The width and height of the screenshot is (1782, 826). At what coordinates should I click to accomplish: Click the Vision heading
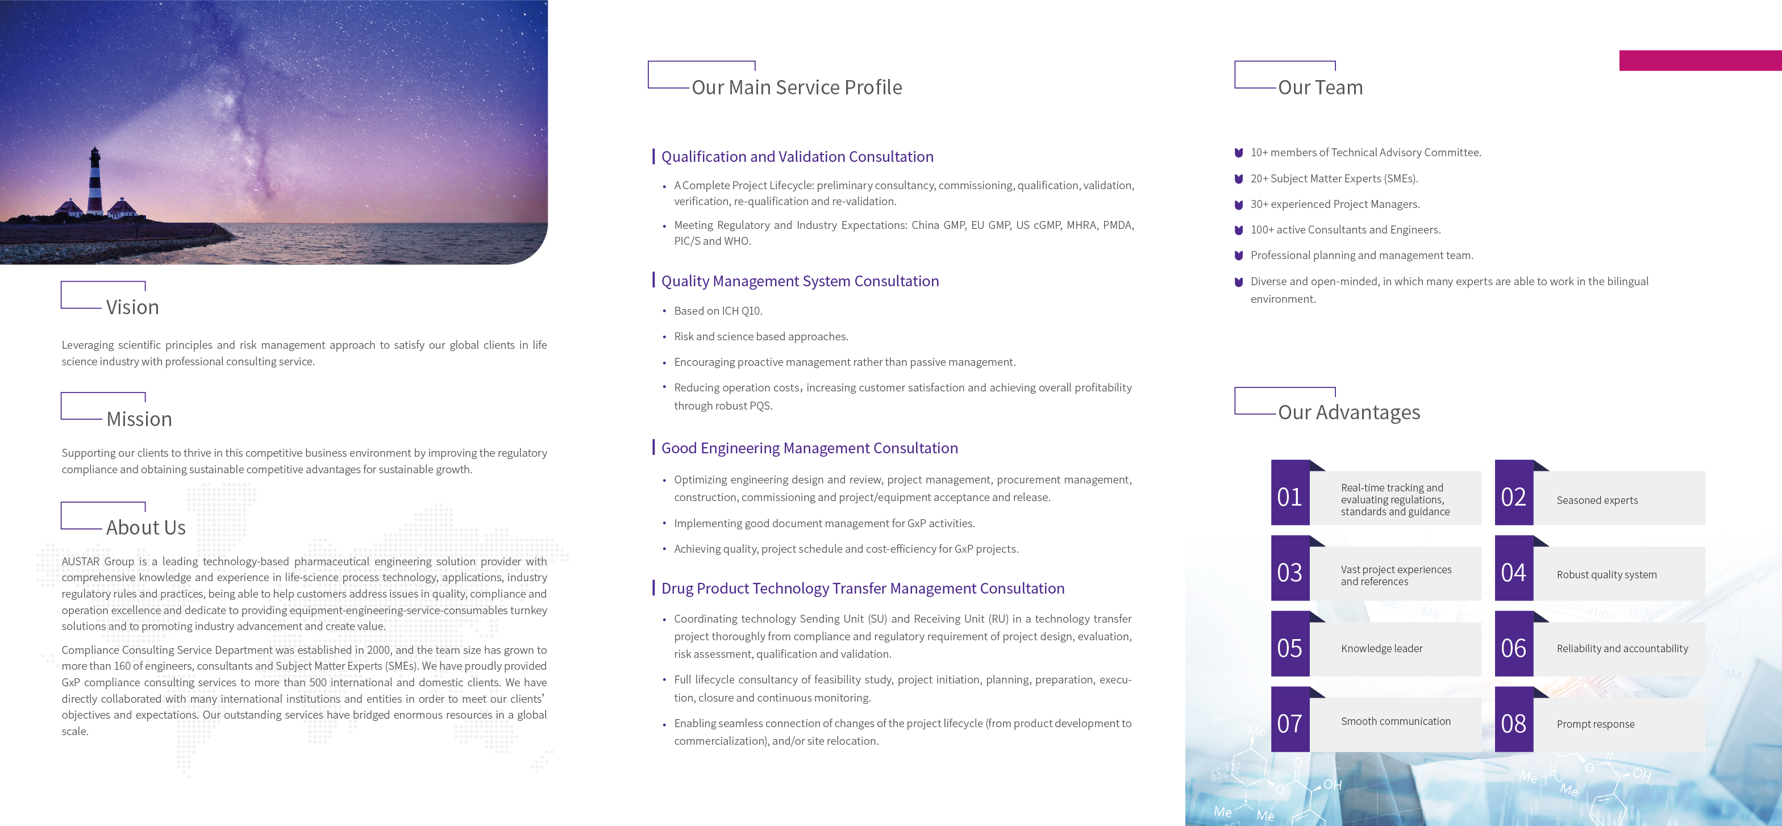coord(132,307)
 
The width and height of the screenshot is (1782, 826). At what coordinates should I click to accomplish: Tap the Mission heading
coord(139,419)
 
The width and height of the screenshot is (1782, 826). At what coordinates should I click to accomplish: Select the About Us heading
coord(146,528)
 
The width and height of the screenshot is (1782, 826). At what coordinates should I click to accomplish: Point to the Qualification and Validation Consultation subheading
coord(797,157)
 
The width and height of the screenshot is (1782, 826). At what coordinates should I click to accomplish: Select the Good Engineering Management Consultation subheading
coord(809,448)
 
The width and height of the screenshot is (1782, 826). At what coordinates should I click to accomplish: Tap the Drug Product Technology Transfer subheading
coord(863,589)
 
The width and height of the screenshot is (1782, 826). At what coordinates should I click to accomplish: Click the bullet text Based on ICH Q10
coord(718,311)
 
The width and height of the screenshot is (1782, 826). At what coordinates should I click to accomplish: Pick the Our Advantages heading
coord(1348,413)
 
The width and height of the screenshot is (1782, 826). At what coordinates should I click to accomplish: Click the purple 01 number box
coord(1289,497)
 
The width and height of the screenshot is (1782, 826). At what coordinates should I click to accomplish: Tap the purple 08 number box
coord(1514,724)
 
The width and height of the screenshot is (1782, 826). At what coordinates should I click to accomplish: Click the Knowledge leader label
coord(1381,649)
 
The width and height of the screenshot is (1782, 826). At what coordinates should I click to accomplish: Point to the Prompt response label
coord(1595,724)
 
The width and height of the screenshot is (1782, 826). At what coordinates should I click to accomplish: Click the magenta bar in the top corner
coord(1700,60)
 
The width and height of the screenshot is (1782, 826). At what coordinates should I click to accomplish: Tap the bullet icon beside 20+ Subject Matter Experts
coord(1239,179)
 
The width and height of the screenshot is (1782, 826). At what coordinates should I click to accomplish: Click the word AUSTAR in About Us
coord(80,562)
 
